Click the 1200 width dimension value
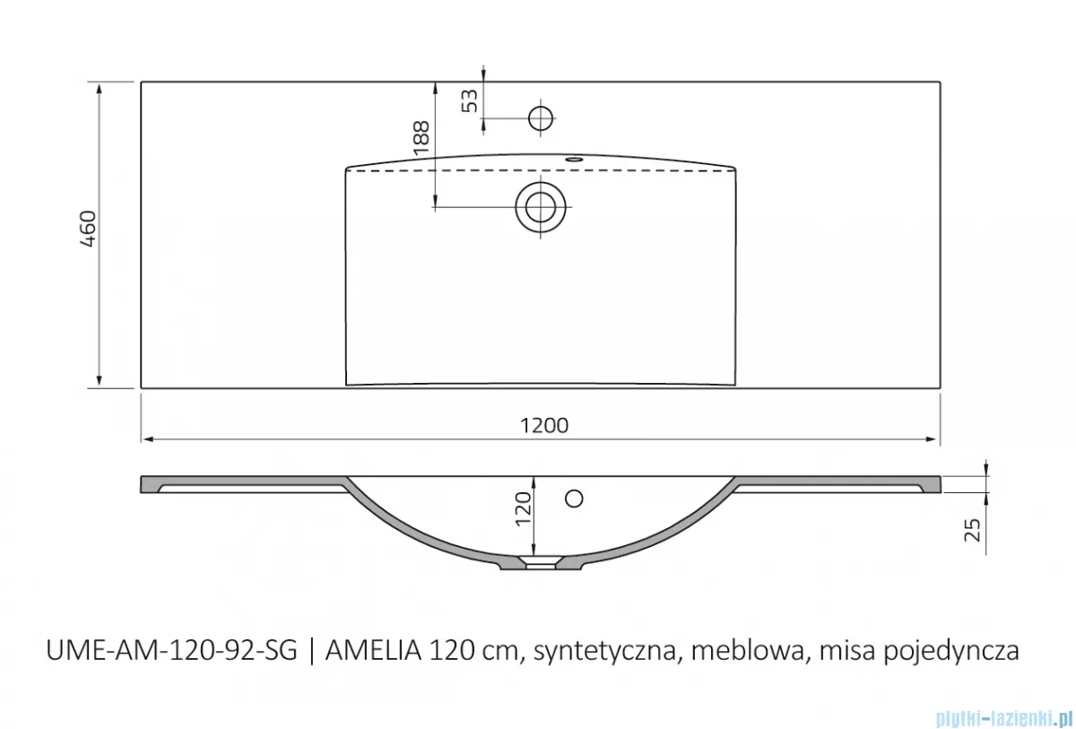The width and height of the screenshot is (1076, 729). coord(545,426)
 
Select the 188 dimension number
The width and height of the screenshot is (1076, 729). coord(421,140)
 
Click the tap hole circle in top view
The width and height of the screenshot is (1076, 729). coord(542,117)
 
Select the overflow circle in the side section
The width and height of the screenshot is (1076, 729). coord(575,498)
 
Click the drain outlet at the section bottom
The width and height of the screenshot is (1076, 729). coord(540,565)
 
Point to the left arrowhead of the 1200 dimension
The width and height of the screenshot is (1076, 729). coord(147,439)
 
